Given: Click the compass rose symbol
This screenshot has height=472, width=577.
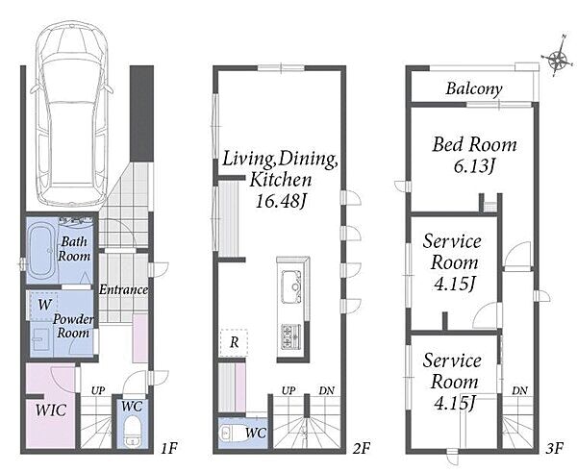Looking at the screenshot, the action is pyautogui.click(x=558, y=57).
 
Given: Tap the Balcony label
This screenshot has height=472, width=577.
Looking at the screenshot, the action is pyautogui.click(x=474, y=89).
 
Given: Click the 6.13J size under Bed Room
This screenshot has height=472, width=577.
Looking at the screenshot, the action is pyautogui.click(x=474, y=166).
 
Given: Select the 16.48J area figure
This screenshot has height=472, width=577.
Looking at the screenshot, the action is pyautogui.click(x=281, y=201).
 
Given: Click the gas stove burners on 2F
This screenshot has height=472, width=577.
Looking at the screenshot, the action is pyautogui.click(x=291, y=336).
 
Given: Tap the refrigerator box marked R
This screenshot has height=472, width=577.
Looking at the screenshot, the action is pyautogui.click(x=234, y=343).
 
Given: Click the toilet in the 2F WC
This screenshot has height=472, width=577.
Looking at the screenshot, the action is pyautogui.click(x=233, y=433).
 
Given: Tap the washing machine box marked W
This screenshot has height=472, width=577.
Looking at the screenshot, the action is pyautogui.click(x=44, y=306).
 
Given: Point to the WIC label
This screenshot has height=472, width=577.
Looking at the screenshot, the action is pyautogui.click(x=51, y=410).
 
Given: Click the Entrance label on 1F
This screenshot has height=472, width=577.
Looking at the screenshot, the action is pyautogui.click(x=124, y=290).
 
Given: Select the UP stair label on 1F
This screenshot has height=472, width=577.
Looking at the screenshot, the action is pyautogui.click(x=98, y=390).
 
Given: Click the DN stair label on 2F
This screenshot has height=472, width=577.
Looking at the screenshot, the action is pyautogui.click(x=326, y=390).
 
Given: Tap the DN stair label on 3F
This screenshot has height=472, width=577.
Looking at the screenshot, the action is pyautogui.click(x=519, y=390).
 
